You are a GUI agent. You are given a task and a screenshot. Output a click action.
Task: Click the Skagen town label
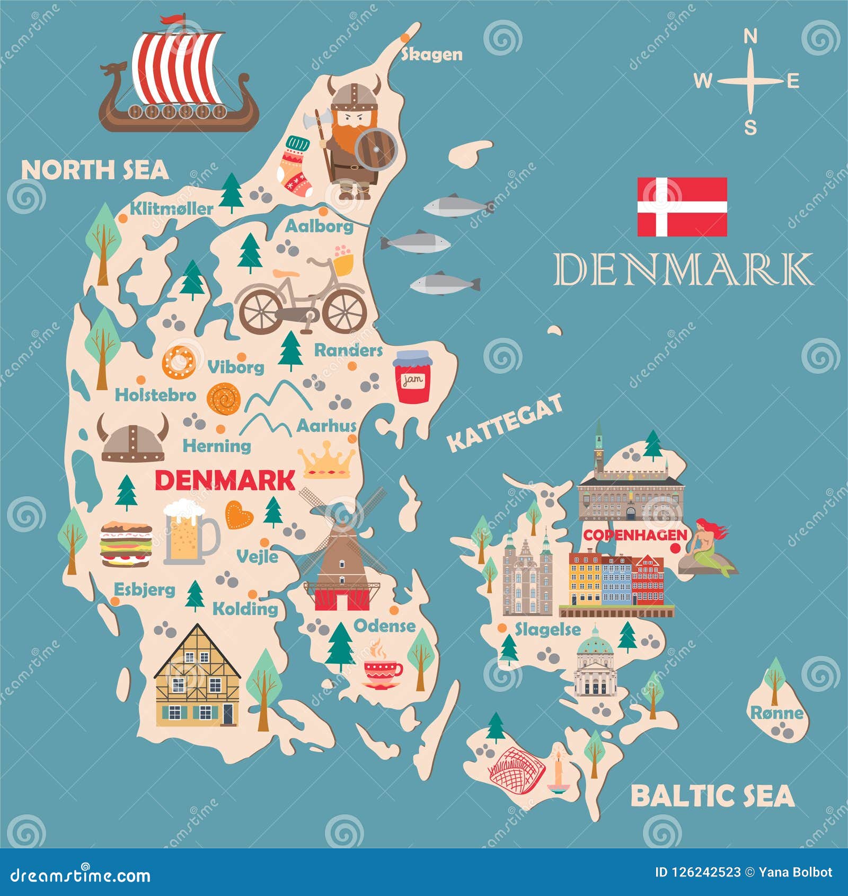coord(431,54)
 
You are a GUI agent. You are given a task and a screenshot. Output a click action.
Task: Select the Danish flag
coord(682,207)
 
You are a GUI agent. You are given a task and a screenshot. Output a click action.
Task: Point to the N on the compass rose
coord(750,37)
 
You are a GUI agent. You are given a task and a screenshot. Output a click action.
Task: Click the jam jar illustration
coord(412,377)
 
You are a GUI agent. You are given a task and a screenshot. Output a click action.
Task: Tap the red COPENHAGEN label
coord(634,535)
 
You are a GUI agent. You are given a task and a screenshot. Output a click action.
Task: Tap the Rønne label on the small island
coord(777,713)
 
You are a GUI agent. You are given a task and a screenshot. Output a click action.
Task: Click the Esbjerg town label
coord(145,590)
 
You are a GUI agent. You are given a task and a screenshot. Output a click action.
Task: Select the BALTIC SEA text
coord(712,796)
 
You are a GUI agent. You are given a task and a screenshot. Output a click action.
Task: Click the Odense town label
coord(385,626)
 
